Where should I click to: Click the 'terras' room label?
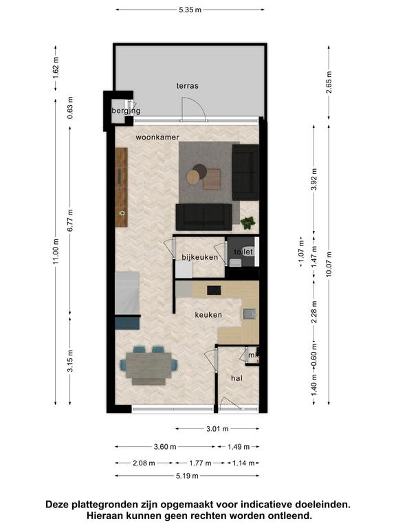(187, 86)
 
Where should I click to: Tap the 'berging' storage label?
(126, 111)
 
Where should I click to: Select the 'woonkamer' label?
(157, 137)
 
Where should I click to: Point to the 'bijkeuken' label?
(199, 257)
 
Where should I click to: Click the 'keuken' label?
(208, 315)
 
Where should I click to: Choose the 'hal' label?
(236, 379)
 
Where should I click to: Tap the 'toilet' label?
(243, 252)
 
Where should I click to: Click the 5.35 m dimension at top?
(190, 10)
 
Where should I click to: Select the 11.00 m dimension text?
(56, 251)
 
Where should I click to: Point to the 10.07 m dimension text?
(329, 264)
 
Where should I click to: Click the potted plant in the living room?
(247, 223)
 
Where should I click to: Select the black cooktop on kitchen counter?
(214, 290)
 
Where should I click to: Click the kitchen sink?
(249, 314)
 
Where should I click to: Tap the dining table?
(148, 364)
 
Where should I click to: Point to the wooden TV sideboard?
(121, 187)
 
